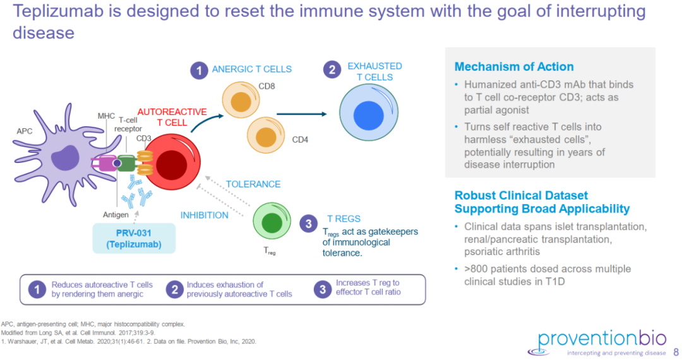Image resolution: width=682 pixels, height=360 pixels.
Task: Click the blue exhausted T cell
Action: (x=365, y=115)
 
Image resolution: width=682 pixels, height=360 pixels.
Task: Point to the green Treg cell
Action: (x=272, y=222)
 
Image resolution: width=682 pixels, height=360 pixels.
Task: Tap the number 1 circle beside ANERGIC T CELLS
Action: (x=199, y=70)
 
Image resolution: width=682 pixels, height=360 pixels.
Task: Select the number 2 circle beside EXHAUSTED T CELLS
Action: (x=332, y=70)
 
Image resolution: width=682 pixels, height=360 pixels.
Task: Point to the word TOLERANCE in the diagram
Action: (x=253, y=184)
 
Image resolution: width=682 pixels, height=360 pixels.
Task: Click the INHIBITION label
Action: (x=205, y=215)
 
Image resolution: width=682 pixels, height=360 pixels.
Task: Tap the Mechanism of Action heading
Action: (x=514, y=67)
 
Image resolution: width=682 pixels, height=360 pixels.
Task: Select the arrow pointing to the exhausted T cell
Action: (x=302, y=114)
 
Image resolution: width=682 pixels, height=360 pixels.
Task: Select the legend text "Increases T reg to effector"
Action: (x=368, y=287)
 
